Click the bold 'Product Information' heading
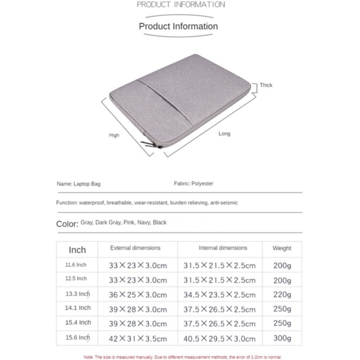tap(178, 26)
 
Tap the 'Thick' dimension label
tap(266, 85)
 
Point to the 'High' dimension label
tap(114, 135)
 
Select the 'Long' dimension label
tap(225, 134)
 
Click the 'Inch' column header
tap(77, 250)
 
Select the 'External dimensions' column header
tap(135, 248)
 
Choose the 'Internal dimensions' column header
tap(223, 248)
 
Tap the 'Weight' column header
tap(282, 248)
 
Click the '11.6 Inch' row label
tap(76, 265)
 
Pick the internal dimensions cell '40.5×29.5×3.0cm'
tap(220, 339)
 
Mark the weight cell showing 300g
tap(282, 338)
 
